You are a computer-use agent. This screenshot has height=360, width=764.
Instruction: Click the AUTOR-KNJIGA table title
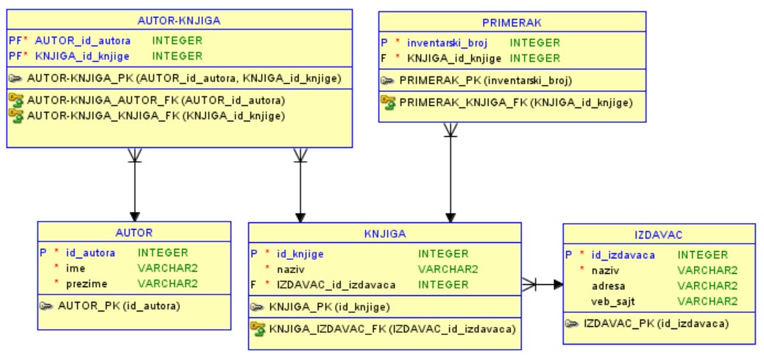(179, 20)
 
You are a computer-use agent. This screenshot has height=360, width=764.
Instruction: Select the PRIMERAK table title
(512, 23)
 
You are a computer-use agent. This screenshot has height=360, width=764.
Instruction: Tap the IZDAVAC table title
(659, 235)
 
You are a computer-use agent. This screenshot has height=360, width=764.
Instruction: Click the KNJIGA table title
(384, 234)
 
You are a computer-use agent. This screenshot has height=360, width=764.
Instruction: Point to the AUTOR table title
(134, 233)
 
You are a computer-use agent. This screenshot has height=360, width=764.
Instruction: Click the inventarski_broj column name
(447, 43)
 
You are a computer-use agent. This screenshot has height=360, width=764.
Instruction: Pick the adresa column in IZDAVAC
(609, 286)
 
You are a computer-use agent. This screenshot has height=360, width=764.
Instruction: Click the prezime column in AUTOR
(87, 283)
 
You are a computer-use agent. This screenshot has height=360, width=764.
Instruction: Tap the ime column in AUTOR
(76, 269)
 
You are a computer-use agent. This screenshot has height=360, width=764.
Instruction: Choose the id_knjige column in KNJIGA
(300, 254)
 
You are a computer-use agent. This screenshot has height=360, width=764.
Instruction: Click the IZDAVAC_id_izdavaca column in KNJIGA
(336, 284)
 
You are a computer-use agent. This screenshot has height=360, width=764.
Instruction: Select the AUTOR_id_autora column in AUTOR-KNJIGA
(82, 40)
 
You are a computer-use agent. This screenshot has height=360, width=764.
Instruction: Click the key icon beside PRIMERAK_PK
(388, 80)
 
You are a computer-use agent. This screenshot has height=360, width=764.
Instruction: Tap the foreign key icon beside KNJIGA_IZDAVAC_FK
(258, 328)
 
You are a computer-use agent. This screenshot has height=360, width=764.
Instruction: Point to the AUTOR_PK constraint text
(119, 305)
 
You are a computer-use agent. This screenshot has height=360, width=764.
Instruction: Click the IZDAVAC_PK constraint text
(656, 323)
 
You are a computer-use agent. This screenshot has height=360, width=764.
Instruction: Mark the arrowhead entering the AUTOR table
(134, 216)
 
